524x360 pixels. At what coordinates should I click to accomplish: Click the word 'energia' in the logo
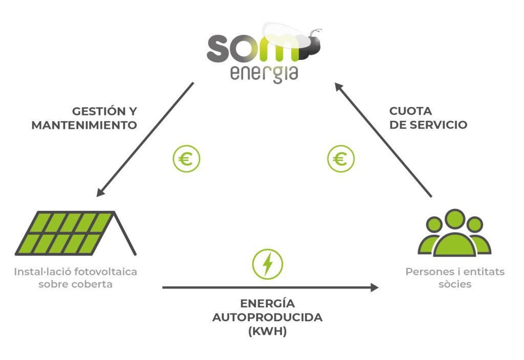pyautogui.click(x=264, y=74)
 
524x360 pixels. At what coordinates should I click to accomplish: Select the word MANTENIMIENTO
pyautogui.click(x=84, y=125)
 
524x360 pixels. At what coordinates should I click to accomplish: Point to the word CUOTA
pyautogui.click(x=410, y=111)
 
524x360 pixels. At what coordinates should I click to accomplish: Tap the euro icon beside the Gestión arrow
pyautogui.click(x=186, y=159)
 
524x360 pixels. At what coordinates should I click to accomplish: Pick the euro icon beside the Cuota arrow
pyautogui.click(x=341, y=159)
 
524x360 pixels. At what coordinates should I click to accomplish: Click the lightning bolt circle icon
pyautogui.click(x=268, y=264)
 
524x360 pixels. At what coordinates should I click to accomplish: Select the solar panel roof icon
pyautogui.click(x=76, y=233)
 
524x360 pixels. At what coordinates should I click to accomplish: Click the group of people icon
pyautogui.click(x=454, y=233)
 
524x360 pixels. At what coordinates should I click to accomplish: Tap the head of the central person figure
pyautogui.click(x=455, y=219)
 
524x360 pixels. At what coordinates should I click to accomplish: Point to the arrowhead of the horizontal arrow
pyautogui.click(x=375, y=287)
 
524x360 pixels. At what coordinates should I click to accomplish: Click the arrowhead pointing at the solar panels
pyautogui.click(x=100, y=192)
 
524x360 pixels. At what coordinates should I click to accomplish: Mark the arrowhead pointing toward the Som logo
pyautogui.click(x=339, y=87)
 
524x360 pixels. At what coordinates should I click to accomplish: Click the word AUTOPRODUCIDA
pyautogui.click(x=267, y=317)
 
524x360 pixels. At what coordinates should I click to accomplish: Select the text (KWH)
pyautogui.click(x=267, y=331)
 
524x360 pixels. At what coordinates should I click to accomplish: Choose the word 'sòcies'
pyautogui.click(x=455, y=284)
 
